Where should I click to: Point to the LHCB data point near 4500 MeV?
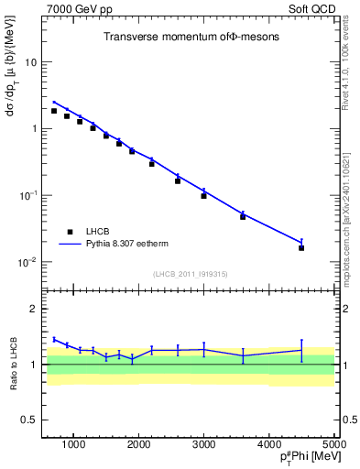point(301,247)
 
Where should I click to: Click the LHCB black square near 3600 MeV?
point(243,216)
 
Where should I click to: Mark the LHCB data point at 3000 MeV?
point(203,195)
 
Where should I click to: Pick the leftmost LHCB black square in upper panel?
point(54,111)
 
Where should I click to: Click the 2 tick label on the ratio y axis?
point(34,309)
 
